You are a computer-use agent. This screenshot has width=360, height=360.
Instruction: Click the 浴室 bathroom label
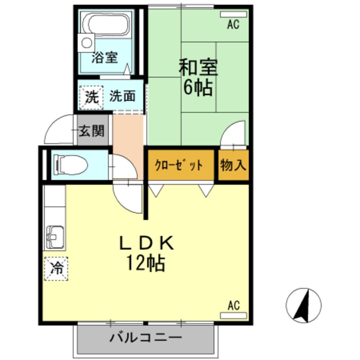tap(104, 58)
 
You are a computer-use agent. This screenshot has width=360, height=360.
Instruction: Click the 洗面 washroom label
tap(123, 97)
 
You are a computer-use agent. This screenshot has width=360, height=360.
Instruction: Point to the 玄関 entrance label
tap(91, 131)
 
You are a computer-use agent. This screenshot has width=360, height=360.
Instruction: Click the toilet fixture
tap(70, 164)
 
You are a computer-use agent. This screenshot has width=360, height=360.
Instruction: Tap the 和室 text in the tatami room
tap(198, 67)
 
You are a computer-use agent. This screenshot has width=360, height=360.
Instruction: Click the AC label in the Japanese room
tap(233, 25)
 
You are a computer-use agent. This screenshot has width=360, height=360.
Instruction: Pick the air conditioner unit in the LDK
tap(233, 315)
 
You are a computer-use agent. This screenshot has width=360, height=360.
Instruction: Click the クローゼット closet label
tap(179, 165)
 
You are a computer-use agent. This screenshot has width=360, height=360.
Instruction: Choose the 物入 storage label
tap(233, 165)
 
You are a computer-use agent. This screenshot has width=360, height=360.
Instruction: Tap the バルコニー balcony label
tap(146, 339)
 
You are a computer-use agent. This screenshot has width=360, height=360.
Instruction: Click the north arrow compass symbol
tap(303, 305)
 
